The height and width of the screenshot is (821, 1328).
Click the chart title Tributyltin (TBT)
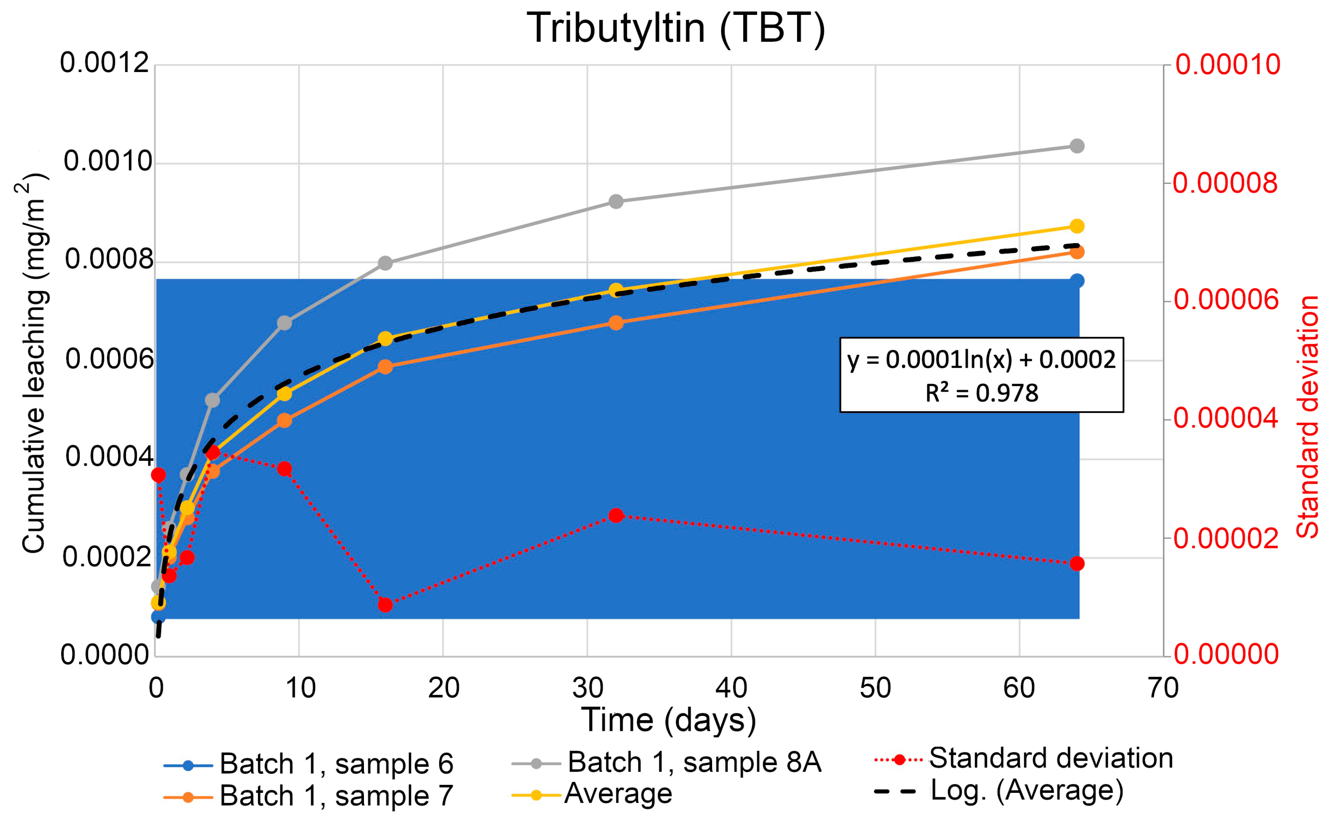[676, 28]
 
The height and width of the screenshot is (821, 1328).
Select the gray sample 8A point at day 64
[1076, 146]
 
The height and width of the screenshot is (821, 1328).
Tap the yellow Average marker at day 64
[1076, 226]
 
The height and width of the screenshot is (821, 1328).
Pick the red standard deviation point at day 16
[385, 605]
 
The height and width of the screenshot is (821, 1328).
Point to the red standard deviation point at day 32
[615, 515]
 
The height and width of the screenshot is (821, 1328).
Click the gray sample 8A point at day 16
[385, 263]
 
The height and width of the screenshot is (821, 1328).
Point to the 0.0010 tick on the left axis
[107, 161]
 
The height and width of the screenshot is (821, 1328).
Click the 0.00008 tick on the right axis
[1225, 183]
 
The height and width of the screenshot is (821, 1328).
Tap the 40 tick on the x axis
[731, 689]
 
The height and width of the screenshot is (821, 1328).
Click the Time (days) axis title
[668, 720]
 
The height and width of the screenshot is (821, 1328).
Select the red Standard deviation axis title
[1308, 417]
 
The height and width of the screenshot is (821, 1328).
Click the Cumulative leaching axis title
[34, 363]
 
